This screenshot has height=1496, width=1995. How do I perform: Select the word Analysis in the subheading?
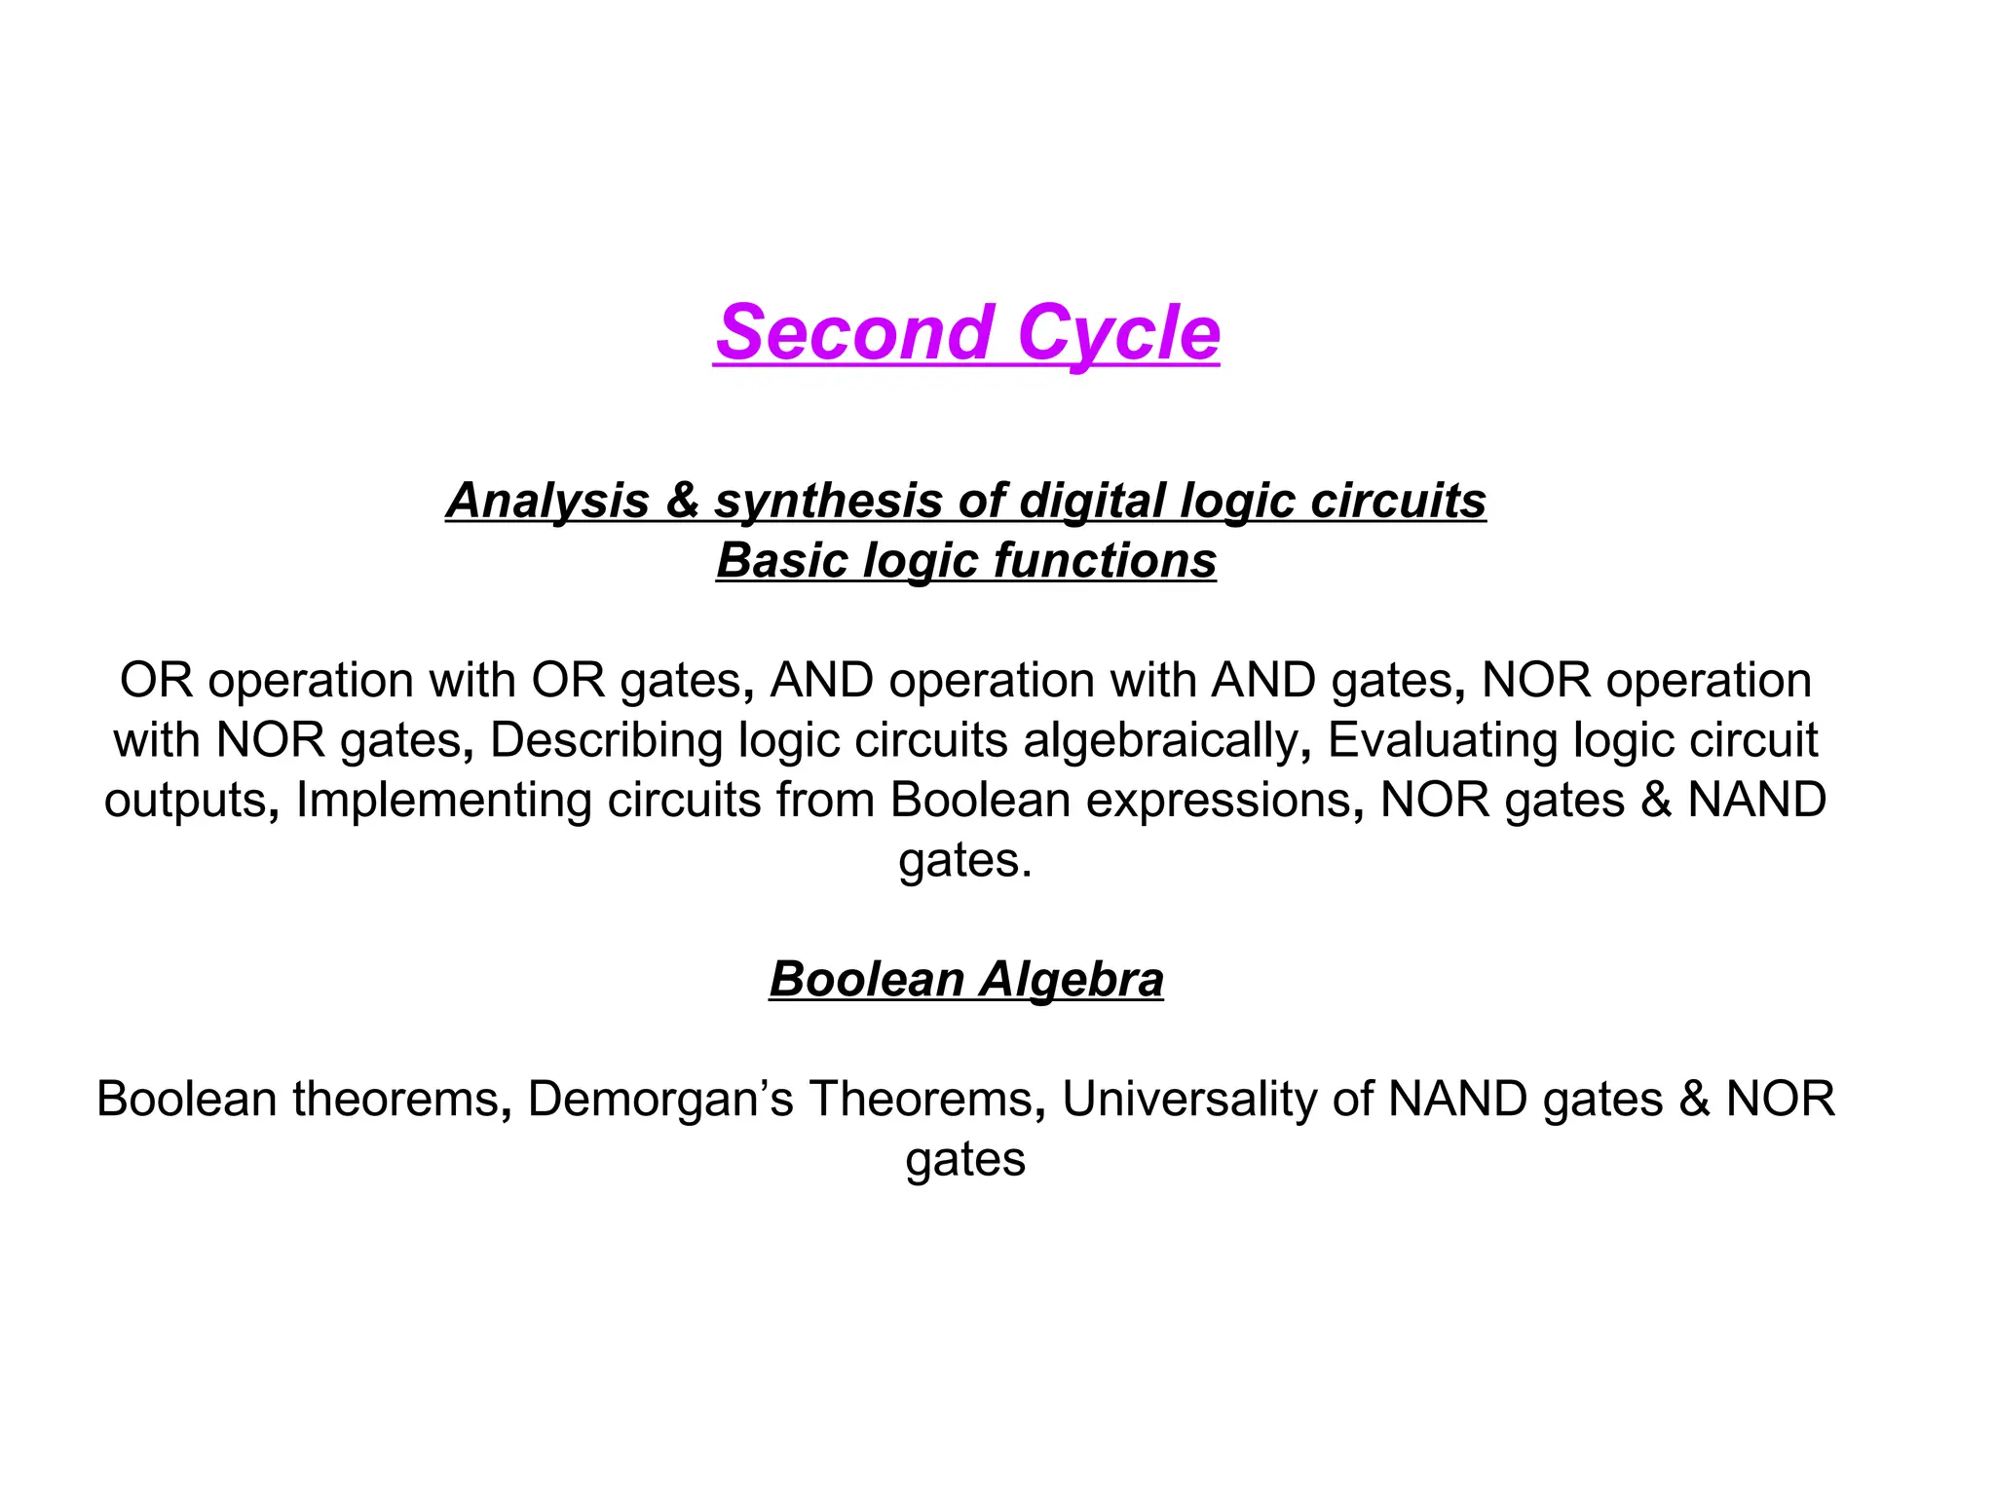tap(547, 501)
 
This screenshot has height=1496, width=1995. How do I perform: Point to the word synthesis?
tap(828, 501)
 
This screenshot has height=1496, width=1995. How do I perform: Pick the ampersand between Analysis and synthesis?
tap(682, 501)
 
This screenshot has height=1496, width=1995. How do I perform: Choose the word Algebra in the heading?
tap(1072, 980)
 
